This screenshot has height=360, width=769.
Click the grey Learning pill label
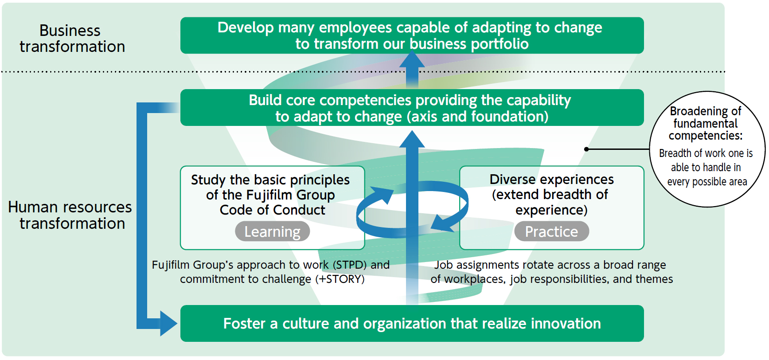pos(272,231)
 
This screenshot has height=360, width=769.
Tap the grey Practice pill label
pos(551,231)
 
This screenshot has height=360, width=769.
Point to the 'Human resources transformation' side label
pos(70,215)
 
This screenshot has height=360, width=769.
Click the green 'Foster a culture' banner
pos(412,323)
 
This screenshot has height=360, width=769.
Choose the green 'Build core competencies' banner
pos(412,108)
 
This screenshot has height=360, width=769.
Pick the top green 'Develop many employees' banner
pos(412,35)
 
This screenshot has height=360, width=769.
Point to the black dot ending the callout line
pos(586,149)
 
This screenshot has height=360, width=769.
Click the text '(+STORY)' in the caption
pos(340,279)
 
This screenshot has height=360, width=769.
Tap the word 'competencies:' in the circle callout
pos(706,136)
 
